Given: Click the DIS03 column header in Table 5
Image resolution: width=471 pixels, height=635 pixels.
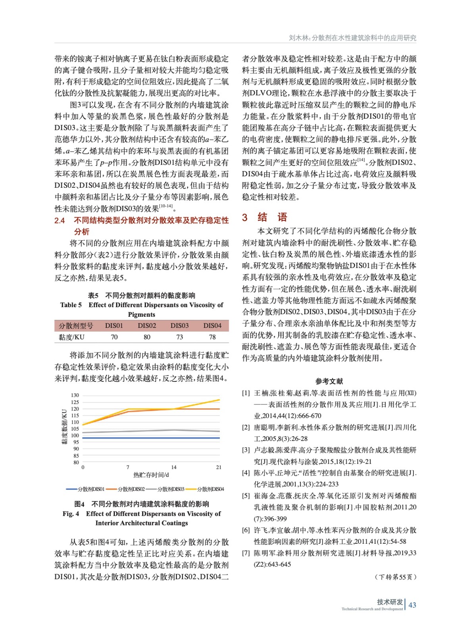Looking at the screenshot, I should point(179,325).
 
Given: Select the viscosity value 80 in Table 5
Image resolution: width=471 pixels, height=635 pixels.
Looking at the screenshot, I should point(147,337).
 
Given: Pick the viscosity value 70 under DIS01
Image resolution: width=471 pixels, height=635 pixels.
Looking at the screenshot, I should point(114,337).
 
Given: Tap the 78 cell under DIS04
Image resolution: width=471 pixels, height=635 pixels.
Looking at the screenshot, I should point(212,337).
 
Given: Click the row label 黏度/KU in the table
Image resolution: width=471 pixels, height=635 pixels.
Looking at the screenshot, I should point(71,337).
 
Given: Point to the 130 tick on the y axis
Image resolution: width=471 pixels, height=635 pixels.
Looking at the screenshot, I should point(75,395).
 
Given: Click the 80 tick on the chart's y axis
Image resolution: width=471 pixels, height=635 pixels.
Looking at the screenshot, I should point(76,462).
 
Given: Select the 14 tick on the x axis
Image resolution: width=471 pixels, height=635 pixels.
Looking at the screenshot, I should point(174,468).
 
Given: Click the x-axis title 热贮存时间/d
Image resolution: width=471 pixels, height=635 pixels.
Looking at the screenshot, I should point(151,475).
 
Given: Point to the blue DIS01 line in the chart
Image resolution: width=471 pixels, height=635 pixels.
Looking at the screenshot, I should point(151,438).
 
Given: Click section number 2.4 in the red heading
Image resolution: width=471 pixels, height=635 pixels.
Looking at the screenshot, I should point(60,221).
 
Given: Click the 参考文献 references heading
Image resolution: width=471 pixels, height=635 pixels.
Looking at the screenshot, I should point(329,381).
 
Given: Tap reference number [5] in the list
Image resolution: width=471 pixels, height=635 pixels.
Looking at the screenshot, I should point(246,496).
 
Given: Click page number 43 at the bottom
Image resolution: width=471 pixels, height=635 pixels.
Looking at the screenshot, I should point(412,605).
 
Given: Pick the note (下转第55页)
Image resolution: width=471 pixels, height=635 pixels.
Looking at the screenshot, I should point(395,577).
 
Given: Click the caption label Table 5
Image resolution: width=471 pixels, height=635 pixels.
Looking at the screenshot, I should point(71,305).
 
